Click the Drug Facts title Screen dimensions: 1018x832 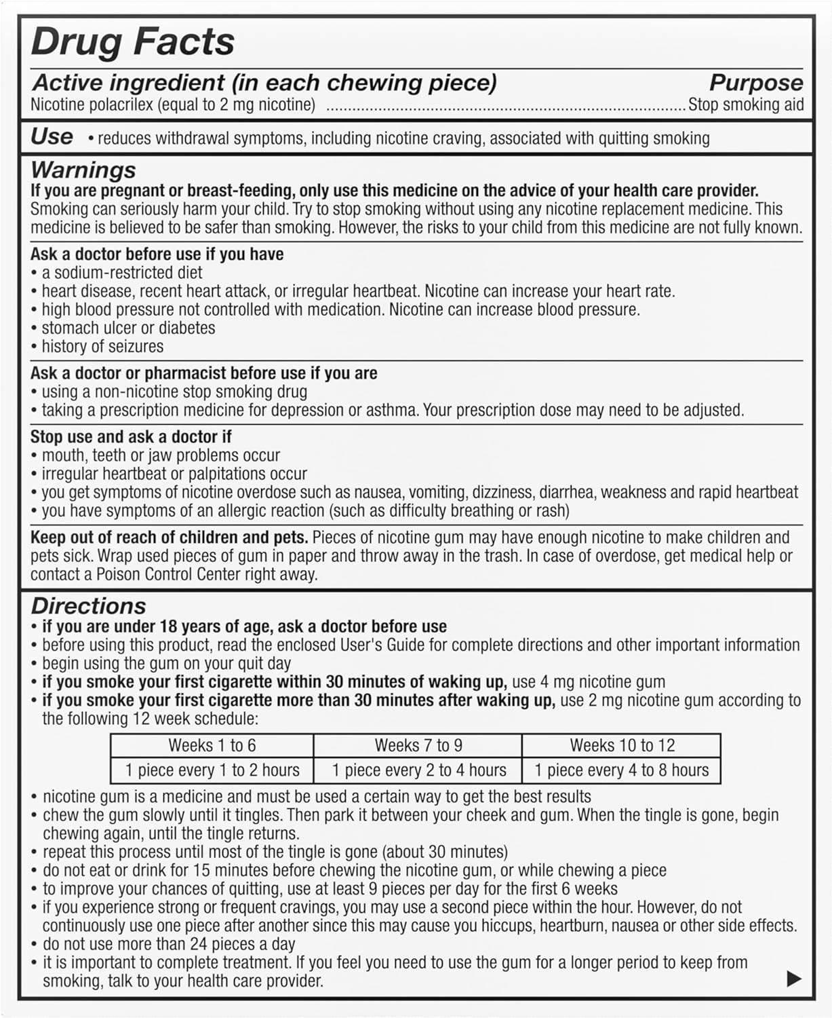(133, 42)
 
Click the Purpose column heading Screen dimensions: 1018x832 (755, 83)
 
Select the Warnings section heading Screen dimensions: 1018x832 (83, 170)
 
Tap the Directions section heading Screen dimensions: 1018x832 (88, 606)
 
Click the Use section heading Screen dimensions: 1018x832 (52, 136)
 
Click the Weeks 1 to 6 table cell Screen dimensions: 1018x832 (212, 745)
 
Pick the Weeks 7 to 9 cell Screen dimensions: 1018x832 (418, 745)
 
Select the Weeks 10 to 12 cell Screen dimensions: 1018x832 (622, 745)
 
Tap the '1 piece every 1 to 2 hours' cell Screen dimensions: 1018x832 (212, 770)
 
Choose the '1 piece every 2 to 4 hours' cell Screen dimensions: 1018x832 (418, 770)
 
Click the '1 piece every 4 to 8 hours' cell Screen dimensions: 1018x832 (622, 770)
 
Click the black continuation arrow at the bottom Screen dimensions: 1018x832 (793, 979)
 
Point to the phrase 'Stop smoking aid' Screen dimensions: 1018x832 (746, 105)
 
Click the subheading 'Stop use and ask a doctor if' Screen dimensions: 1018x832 (131, 436)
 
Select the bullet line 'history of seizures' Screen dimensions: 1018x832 (102, 347)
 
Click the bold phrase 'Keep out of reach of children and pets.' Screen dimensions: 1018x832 (170, 538)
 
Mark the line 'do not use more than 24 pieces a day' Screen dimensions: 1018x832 (169, 944)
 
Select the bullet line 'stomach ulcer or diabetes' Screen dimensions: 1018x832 (128, 328)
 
